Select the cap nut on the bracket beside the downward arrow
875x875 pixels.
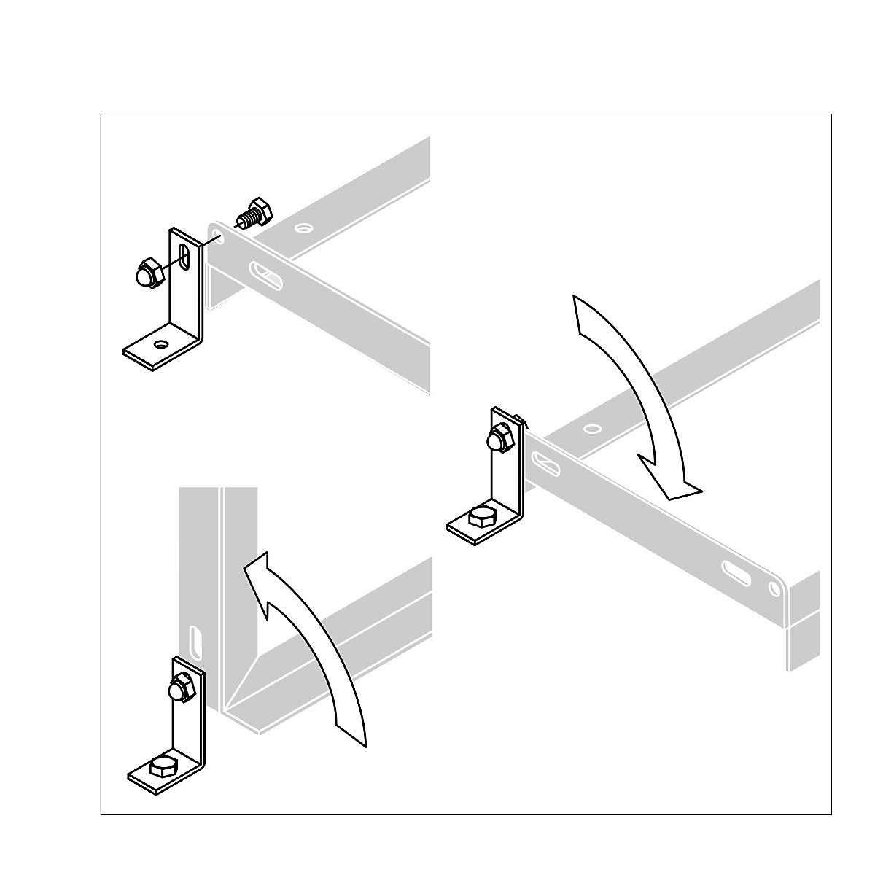501,440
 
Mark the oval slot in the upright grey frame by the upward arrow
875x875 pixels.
196,642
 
